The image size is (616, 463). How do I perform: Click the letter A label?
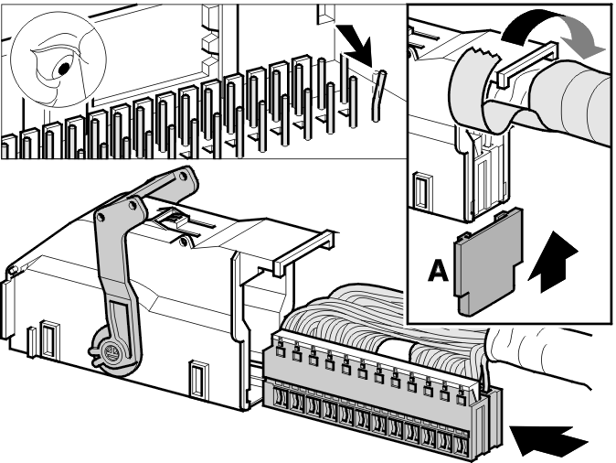pyautogui.click(x=438, y=270)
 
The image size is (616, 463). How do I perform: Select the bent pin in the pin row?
pyautogui.click(x=378, y=95)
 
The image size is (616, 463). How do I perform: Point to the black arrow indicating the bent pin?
pyautogui.click(x=354, y=44)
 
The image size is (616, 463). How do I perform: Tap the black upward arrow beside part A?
pyautogui.click(x=553, y=262)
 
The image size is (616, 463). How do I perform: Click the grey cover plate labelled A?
pyautogui.click(x=488, y=261)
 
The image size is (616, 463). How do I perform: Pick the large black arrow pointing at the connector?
pyautogui.click(x=549, y=440)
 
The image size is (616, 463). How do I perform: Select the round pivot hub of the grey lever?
pyautogui.click(x=112, y=350)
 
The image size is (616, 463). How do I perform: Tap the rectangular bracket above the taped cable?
pyautogui.click(x=526, y=64)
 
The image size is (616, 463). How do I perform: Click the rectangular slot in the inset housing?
pyautogui.click(x=423, y=191)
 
